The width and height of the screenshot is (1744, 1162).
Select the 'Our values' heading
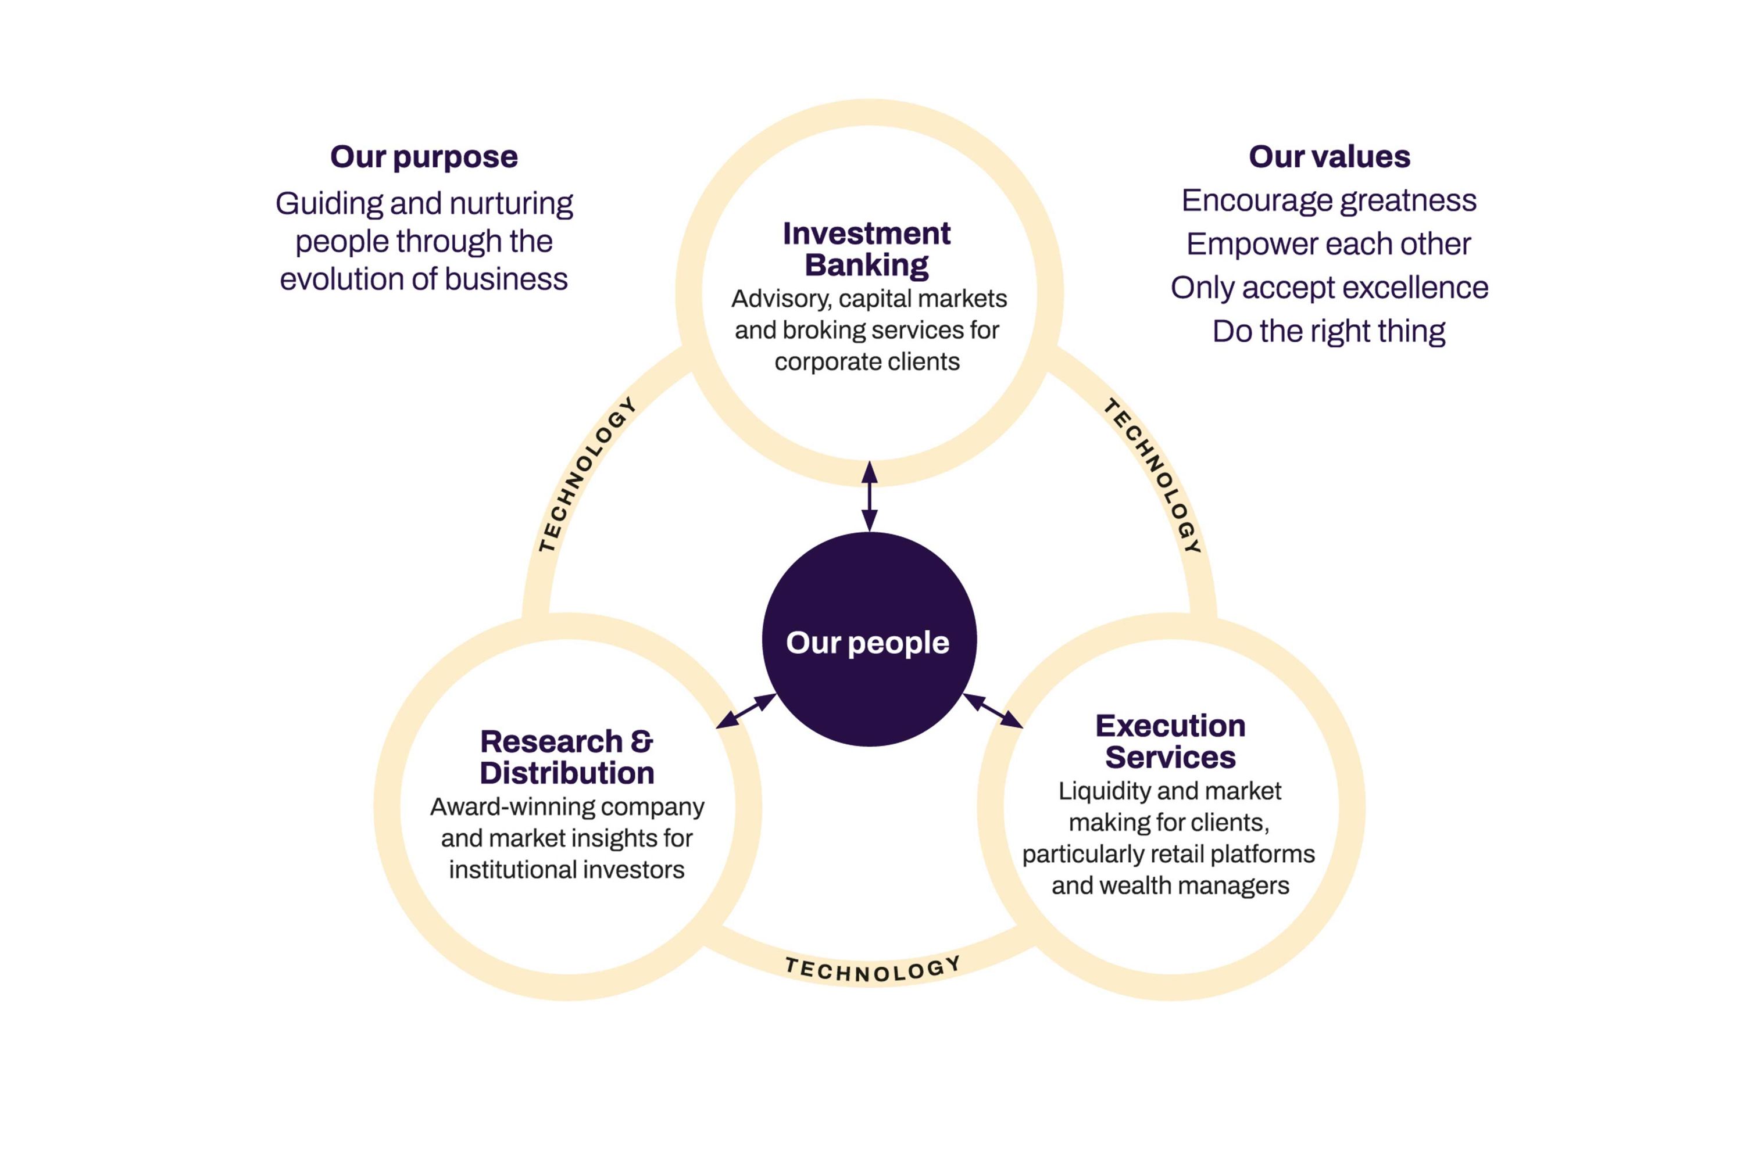(x=1329, y=156)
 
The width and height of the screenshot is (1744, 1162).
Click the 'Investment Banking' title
(x=866, y=249)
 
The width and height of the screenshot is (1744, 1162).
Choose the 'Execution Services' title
(x=1170, y=741)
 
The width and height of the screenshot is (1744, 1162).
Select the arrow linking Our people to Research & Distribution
(x=746, y=711)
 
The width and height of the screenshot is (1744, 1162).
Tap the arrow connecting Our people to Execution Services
(x=993, y=710)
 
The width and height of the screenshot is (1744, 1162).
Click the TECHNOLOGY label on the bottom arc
(x=873, y=969)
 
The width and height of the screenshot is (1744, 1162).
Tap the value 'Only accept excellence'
(x=1329, y=288)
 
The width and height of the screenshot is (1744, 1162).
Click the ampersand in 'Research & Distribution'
(x=641, y=741)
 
